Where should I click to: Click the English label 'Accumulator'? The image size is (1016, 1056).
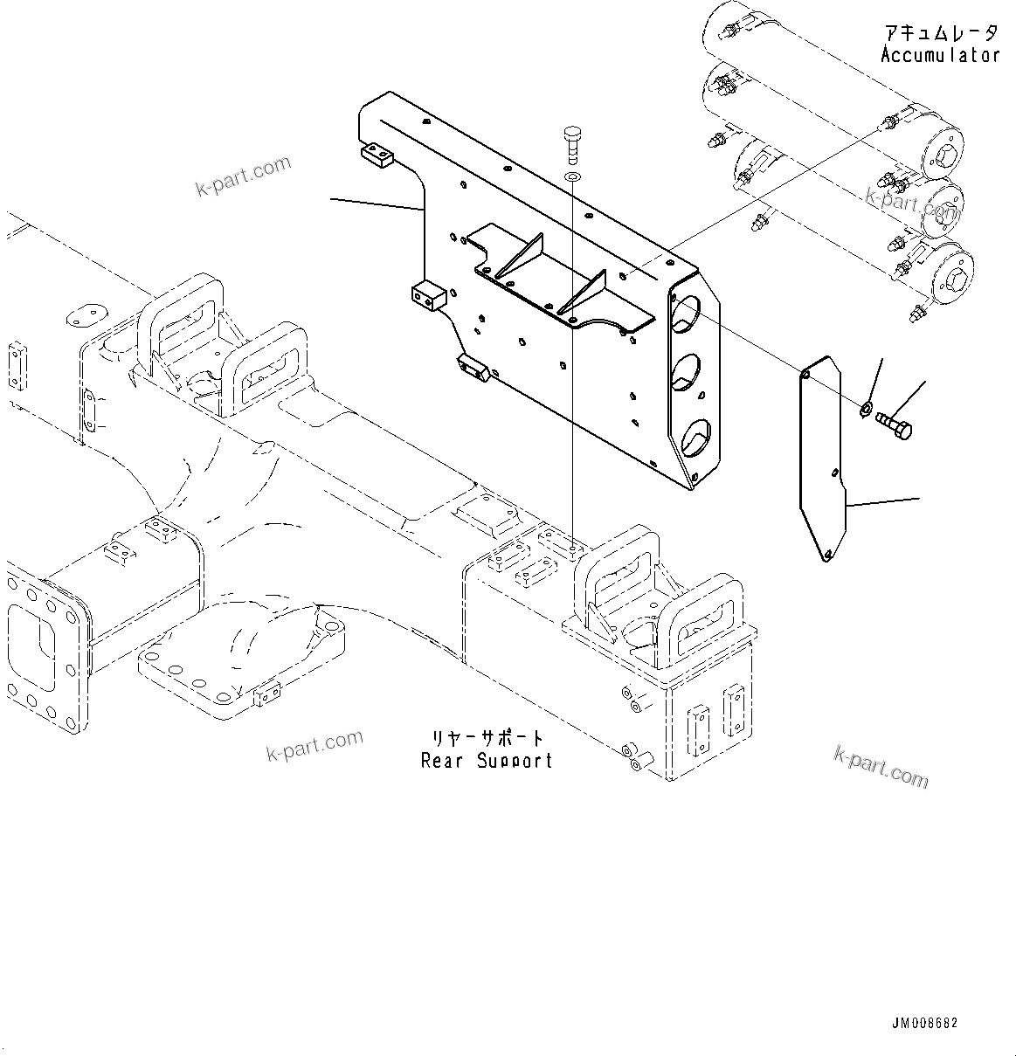point(940,55)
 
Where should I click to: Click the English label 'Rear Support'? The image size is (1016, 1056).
point(487,761)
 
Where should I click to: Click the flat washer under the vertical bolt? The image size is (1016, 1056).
point(571,178)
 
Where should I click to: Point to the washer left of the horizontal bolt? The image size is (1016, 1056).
point(865,407)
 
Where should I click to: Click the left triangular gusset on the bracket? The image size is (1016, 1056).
point(522,259)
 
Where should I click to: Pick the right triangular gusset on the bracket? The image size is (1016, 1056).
point(583,293)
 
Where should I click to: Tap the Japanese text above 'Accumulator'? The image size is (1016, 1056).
point(940,33)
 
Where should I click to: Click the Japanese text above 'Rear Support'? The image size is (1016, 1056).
point(487,739)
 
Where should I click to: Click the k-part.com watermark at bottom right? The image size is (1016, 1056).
point(881,766)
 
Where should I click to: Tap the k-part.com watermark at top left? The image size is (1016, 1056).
point(243,176)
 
